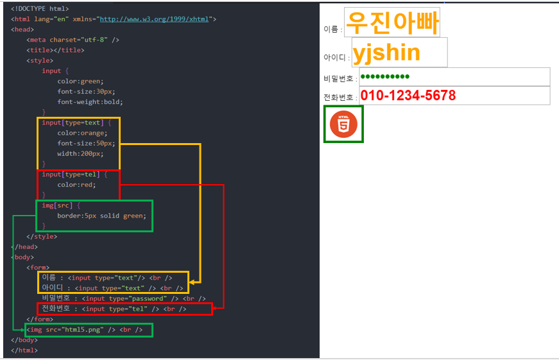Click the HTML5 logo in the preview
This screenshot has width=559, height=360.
pos(343,124)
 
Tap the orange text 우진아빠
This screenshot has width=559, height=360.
pos(391,24)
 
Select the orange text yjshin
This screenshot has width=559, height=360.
pos(386,53)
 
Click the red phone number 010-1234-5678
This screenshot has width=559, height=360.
pos(408,96)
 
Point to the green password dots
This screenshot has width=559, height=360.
pos(384,77)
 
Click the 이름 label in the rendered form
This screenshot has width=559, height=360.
pos(332,29)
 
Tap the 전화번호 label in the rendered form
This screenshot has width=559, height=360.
pos(340,98)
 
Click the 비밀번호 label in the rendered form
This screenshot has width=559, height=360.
pos(340,79)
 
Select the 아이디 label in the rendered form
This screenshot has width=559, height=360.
pos(336,58)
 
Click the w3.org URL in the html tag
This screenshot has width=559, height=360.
pos(156,19)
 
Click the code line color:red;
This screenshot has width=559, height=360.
pos(76,185)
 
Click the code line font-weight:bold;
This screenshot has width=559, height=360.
pos(90,101)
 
